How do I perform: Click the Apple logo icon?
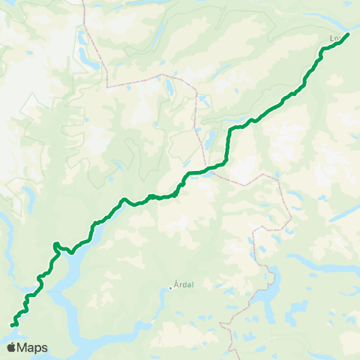[x=11, y=347]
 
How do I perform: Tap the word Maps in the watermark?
[x=33, y=347]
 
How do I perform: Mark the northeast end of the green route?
[x=348, y=34]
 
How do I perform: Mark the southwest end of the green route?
[x=12, y=325]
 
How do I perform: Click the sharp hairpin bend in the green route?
[x=55, y=244]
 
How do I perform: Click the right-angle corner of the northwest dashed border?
[x=108, y=85]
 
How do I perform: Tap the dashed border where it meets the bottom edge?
[x=234, y=357]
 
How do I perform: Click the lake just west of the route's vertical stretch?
[x=212, y=138]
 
